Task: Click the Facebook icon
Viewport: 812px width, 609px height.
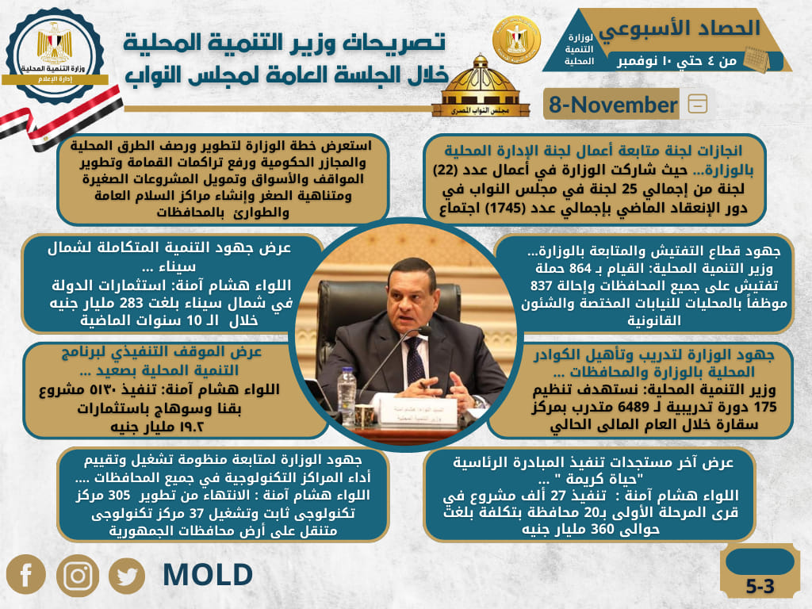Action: [x=26, y=574]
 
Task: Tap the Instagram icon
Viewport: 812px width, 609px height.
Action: [x=78, y=576]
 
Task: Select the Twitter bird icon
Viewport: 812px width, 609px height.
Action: [x=127, y=576]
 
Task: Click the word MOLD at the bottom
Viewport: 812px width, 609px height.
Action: [x=208, y=575]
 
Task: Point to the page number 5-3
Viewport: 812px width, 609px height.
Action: [x=760, y=586]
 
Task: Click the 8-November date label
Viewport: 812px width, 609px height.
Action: [x=613, y=105]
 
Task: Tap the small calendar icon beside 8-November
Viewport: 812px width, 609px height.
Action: [x=698, y=104]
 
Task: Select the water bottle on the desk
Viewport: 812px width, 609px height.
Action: [x=347, y=392]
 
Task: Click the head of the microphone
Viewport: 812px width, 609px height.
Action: [x=426, y=331]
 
